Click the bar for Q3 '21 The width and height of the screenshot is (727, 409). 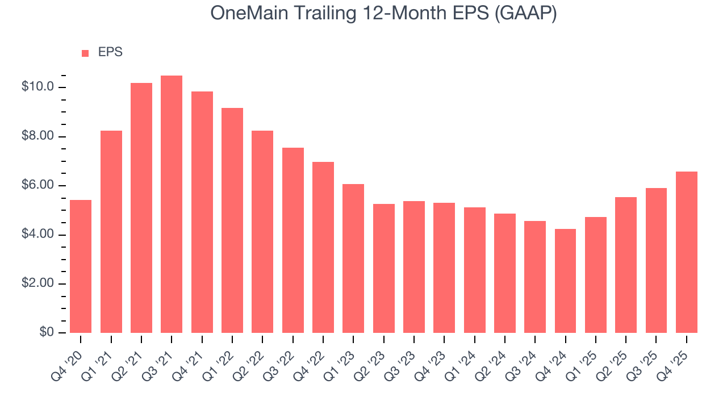[172, 204]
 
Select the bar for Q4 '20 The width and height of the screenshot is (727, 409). [81, 266]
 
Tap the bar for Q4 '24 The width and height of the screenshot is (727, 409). [565, 281]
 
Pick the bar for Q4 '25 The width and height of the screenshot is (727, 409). [687, 252]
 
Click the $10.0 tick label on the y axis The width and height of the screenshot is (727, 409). [38, 87]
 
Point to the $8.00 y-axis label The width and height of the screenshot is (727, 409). [38, 136]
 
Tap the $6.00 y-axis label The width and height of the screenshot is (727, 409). [38, 186]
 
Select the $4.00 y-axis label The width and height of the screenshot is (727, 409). [38, 235]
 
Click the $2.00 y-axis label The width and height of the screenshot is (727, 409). [38, 283]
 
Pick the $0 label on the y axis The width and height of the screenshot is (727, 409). [47, 332]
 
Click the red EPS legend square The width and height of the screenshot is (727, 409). [85, 53]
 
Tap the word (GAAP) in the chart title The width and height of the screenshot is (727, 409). [525, 12]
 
